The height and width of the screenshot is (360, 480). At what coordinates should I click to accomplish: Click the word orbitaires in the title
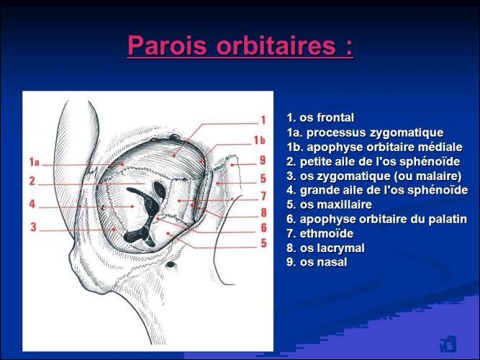[276, 45]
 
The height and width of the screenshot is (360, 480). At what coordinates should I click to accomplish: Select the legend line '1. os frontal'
[320, 117]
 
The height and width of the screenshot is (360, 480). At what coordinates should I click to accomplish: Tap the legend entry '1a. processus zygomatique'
[365, 132]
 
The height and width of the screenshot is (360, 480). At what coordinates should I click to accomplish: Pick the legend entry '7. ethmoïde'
[320, 233]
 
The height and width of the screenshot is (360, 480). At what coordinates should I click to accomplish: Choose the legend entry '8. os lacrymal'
[325, 248]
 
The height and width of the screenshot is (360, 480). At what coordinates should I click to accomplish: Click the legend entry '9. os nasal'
[317, 262]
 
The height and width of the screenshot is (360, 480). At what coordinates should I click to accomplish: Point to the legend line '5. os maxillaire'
[329, 204]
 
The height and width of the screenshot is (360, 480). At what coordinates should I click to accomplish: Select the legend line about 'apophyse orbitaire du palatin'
[377, 219]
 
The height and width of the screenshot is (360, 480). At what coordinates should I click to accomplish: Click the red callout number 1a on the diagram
[35, 162]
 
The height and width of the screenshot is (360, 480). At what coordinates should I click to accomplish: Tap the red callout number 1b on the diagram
[259, 140]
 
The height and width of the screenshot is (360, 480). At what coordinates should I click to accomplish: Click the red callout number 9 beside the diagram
[263, 161]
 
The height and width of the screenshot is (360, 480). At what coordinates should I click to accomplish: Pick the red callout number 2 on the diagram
[32, 181]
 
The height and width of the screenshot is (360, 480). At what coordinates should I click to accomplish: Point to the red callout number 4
[32, 204]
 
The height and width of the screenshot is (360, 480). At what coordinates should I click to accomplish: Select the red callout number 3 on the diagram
[33, 227]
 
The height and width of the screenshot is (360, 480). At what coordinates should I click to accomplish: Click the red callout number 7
[263, 197]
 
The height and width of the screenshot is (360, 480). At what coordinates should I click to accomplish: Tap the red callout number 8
[263, 212]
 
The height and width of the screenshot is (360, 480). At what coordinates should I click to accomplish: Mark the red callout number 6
[263, 228]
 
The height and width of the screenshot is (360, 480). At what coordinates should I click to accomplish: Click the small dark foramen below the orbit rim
[171, 265]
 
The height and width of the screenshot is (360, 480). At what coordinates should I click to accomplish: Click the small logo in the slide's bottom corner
[448, 343]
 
